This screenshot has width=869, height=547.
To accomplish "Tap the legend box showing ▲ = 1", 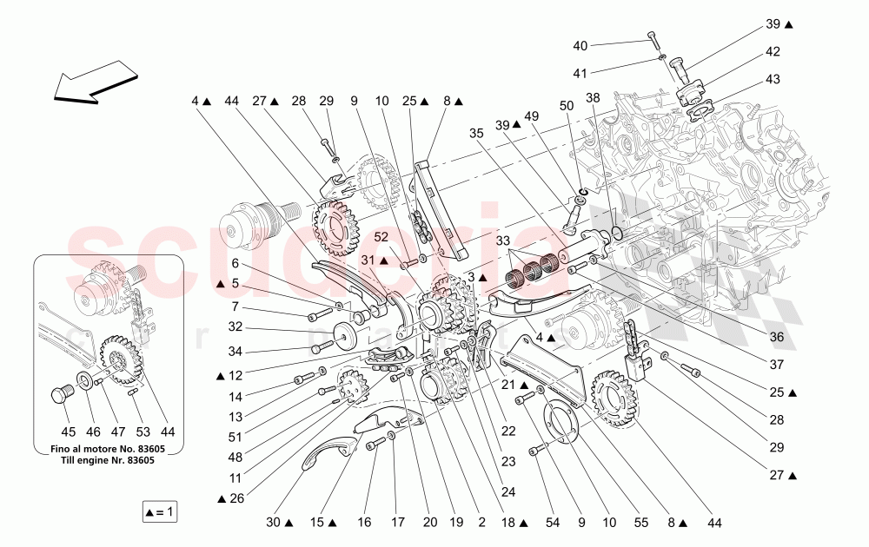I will tap(160, 512).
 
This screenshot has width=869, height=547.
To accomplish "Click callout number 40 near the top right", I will tap(580, 45).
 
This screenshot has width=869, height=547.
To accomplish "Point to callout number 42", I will tap(773, 52).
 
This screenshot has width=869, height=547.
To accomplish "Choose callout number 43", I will tap(773, 79).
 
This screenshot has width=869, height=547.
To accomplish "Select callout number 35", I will tap(475, 134).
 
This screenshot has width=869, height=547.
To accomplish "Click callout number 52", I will tap(381, 236).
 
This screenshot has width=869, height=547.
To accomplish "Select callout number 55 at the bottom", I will tap(641, 524).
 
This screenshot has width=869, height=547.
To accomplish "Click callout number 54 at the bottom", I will tap(553, 524).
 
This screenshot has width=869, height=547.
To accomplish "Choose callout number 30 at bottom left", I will tap(275, 524).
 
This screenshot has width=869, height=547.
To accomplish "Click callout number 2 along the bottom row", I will tap(481, 524).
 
